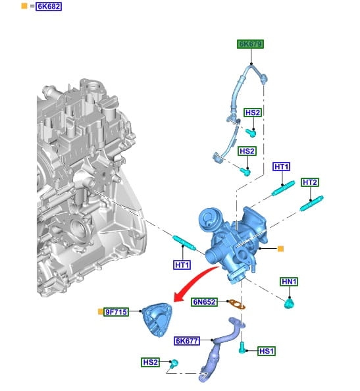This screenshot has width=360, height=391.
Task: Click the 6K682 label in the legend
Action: [x=49, y=6]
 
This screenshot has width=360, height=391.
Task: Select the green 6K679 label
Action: [x=250, y=44]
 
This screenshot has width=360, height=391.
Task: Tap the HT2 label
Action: [x=310, y=182]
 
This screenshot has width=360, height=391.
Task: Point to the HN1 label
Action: [x=289, y=282]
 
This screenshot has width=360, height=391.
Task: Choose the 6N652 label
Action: [x=204, y=302]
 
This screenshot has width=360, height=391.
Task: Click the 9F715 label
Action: [x=116, y=312]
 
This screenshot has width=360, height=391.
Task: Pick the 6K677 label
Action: [x=187, y=341]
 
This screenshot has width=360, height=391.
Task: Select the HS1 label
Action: [x=267, y=351]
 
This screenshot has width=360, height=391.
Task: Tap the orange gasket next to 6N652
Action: [x=237, y=305]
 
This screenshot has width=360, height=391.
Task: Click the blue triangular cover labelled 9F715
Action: [x=157, y=320]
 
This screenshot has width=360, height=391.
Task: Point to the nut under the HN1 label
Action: [x=289, y=304]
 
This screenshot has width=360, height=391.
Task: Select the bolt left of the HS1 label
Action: [x=242, y=348]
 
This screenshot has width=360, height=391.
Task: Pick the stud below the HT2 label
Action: [x=312, y=203]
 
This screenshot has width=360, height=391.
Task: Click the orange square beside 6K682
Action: [x=24, y=6]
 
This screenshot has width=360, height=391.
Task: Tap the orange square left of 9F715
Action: [x=101, y=312]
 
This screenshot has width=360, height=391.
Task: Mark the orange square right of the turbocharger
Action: [x=280, y=249]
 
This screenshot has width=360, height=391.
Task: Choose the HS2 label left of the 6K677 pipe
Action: [x=150, y=362]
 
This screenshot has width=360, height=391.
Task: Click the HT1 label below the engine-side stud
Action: [x=182, y=265]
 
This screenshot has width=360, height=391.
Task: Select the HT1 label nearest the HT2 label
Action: [x=282, y=167]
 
